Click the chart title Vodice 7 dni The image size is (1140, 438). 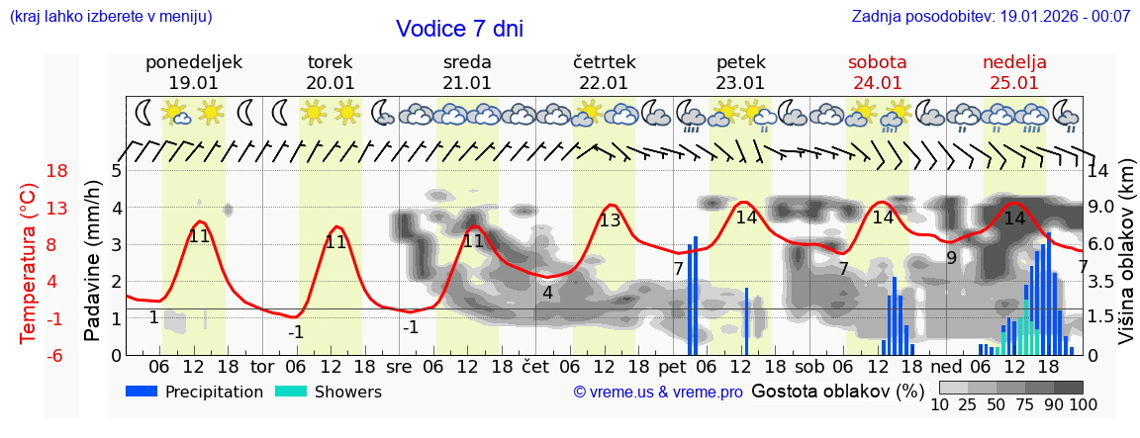(x=459, y=29)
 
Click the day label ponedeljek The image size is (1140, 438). (x=193, y=62)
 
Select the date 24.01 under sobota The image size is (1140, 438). (x=877, y=83)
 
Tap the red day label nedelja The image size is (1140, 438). (x=1013, y=62)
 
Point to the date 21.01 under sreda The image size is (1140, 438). (x=467, y=83)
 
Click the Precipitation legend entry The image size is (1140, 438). (x=194, y=392)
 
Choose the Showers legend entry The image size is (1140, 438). (x=328, y=392)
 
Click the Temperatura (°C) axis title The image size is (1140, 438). (x=29, y=263)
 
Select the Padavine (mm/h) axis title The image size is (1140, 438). (x=92, y=261)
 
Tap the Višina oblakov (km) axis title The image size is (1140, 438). (x=1126, y=262)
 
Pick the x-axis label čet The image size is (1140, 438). (x=535, y=367)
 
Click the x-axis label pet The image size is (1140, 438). (x=672, y=367)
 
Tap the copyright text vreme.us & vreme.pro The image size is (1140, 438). (x=657, y=393)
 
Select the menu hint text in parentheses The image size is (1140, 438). (x=111, y=17)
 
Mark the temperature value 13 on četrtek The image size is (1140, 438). (x=610, y=220)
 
